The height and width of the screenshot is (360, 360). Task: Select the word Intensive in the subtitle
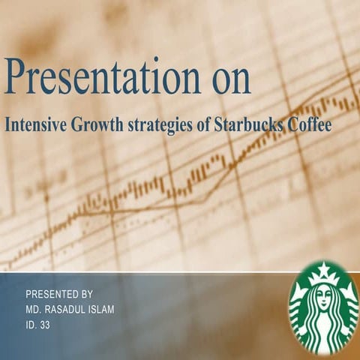coord(37,125)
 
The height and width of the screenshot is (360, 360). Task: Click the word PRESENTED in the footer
coord(52,294)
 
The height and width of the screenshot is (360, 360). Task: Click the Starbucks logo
coord(323,308)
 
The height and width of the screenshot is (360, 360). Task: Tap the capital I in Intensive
coord(8,125)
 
